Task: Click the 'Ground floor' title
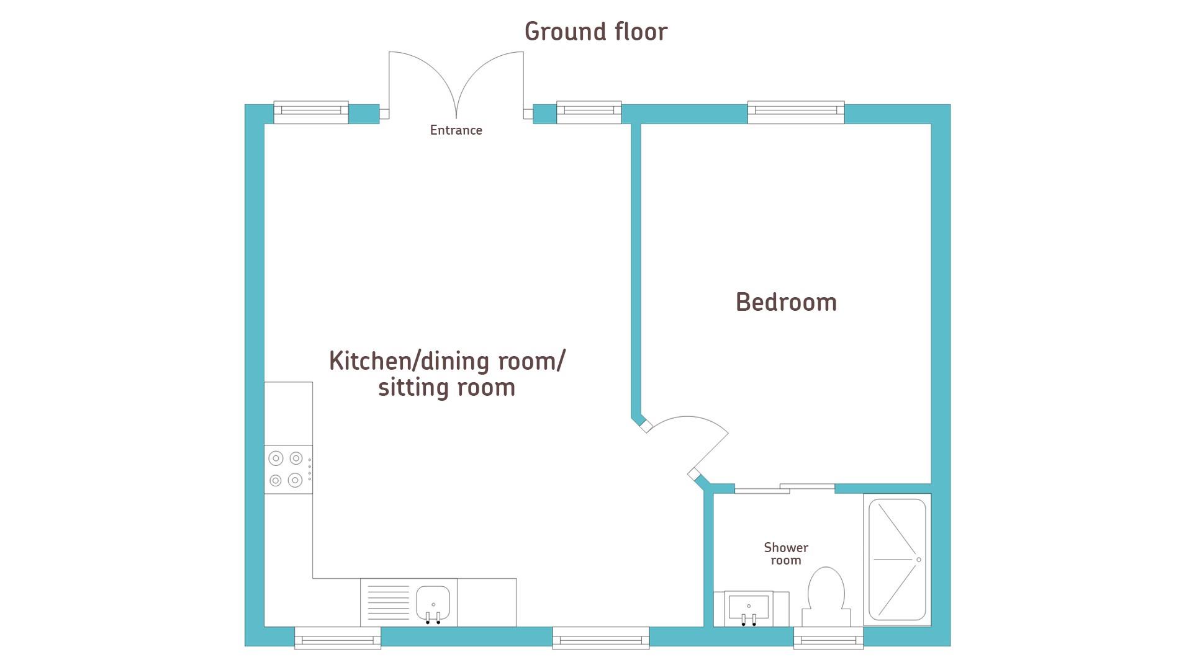(x=596, y=32)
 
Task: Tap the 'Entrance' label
(x=456, y=130)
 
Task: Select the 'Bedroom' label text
(x=786, y=302)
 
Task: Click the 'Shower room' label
(x=786, y=554)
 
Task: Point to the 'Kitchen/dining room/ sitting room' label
(x=447, y=373)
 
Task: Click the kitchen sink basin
(x=433, y=602)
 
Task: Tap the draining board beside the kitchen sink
(x=388, y=602)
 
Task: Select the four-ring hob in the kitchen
(x=288, y=470)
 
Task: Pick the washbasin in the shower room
(x=749, y=609)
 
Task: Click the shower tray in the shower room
(x=897, y=560)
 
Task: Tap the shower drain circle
(x=919, y=560)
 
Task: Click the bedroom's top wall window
(x=796, y=112)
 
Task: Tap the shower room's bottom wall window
(x=828, y=638)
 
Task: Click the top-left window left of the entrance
(x=311, y=112)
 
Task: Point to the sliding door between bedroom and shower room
(x=785, y=489)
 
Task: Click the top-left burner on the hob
(x=276, y=458)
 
